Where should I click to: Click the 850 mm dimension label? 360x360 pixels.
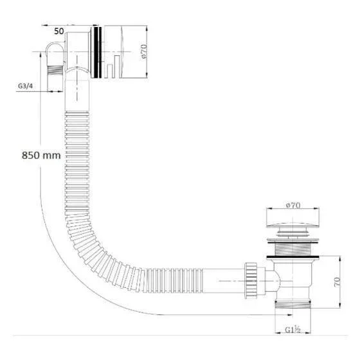41,156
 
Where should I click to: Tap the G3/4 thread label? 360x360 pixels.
25,86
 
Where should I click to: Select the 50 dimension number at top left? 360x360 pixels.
59,32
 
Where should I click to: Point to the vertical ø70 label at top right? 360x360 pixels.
144,51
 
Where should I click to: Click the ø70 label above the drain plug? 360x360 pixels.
293,205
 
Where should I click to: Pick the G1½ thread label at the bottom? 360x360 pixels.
292,330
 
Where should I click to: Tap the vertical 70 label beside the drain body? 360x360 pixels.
337,282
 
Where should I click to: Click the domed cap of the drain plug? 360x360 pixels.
292,225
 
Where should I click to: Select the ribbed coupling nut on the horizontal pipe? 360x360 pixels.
251,280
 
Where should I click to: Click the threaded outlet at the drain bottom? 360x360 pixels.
292,305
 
